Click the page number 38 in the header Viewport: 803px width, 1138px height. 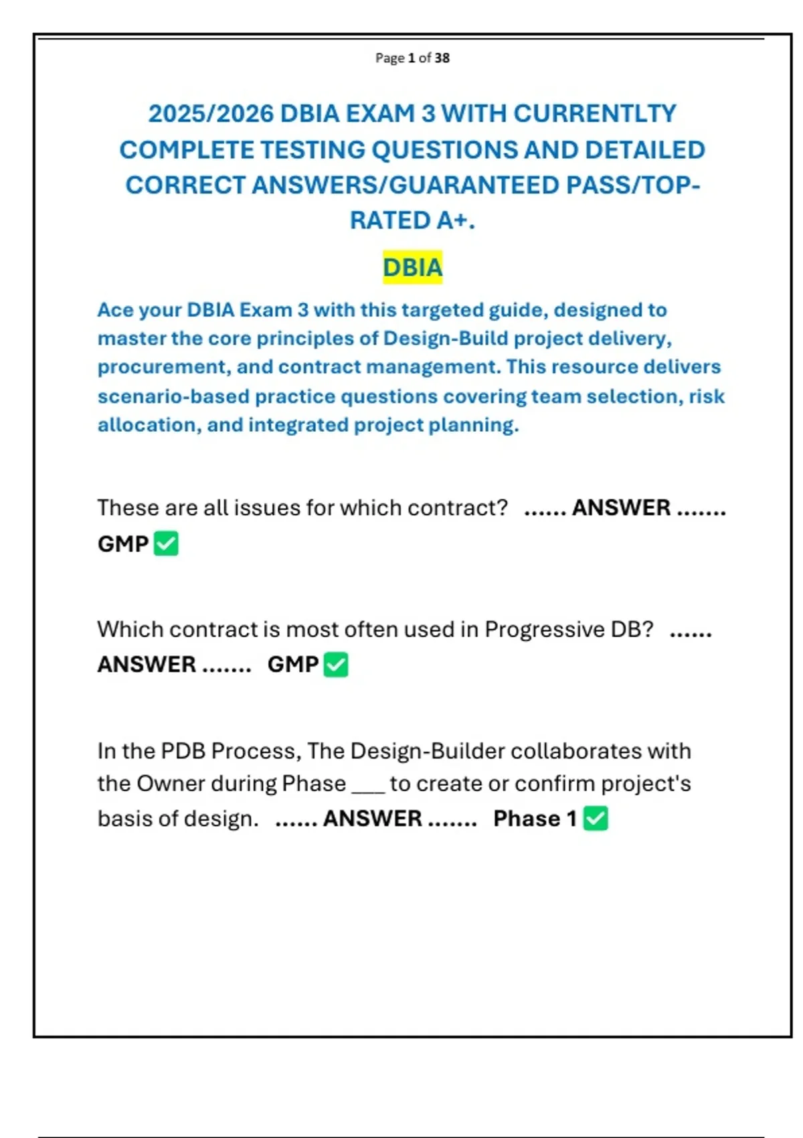[x=442, y=58]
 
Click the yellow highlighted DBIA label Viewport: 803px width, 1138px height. [x=412, y=268]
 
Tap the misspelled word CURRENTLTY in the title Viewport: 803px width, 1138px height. [x=595, y=114]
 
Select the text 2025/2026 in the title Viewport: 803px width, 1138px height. [x=211, y=114]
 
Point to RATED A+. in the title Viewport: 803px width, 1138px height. [x=412, y=220]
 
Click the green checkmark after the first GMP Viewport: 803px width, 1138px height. [x=166, y=544]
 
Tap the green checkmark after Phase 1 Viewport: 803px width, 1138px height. [x=596, y=819]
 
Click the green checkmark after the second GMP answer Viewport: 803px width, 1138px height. [x=336, y=665]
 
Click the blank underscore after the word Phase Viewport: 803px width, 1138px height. [x=368, y=785]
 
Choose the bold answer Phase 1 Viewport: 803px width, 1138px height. [x=535, y=819]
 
